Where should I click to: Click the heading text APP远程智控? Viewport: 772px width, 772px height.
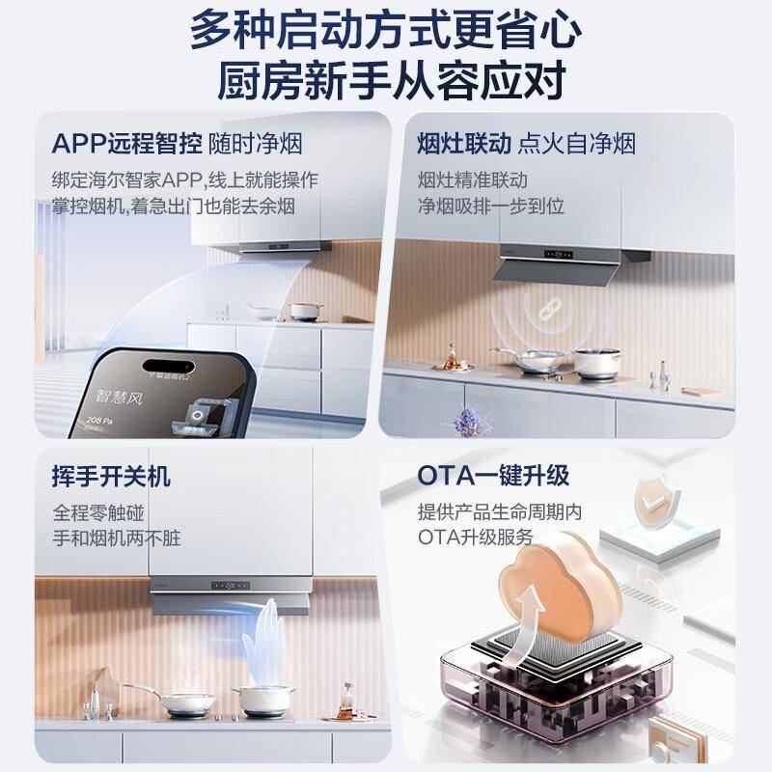[127, 144]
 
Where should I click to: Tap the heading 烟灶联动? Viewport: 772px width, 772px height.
[464, 144]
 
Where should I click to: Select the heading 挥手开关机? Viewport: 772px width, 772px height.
[111, 476]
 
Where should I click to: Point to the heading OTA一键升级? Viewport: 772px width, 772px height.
[493, 476]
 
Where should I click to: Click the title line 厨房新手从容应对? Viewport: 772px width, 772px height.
[392, 80]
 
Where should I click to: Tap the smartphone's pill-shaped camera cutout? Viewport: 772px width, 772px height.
[168, 367]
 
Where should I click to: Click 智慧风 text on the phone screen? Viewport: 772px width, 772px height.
[119, 397]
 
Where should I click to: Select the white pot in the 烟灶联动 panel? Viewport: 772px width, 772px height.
[596, 364]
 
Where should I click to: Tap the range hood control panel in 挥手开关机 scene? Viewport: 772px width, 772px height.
[231, 586]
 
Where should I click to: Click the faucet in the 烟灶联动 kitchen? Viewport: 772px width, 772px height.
[661, 375]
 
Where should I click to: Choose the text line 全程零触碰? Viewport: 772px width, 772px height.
[98, 513]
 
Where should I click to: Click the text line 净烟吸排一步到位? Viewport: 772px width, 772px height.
[491, 206]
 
